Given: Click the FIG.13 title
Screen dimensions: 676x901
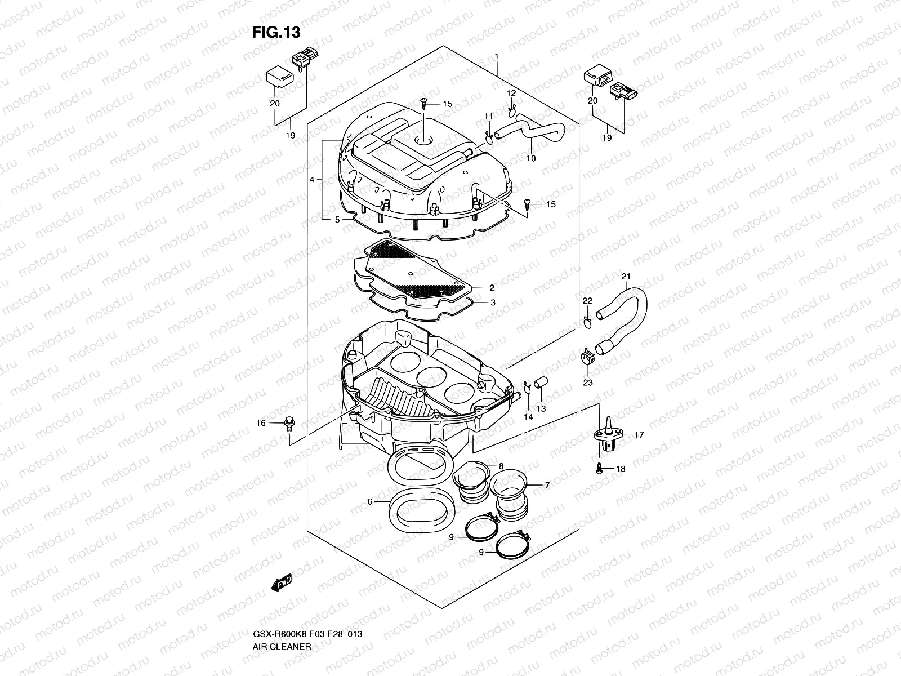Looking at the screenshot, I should point(276,32).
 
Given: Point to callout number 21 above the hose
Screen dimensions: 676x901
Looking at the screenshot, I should point(626,276).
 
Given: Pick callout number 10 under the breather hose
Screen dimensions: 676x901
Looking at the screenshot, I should point(531,158).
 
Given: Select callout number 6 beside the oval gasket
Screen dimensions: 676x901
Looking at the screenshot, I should point(369,501).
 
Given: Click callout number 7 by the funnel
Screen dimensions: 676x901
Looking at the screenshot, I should point(547,484).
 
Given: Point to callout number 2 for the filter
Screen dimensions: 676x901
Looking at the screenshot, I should point(492,287).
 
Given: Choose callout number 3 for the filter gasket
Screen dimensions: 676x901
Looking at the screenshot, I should point(493,303).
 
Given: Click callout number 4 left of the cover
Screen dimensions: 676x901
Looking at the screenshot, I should point(311,180).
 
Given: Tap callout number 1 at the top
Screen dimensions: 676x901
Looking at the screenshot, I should point(497,56).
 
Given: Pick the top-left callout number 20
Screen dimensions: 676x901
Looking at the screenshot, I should point(274,104).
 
